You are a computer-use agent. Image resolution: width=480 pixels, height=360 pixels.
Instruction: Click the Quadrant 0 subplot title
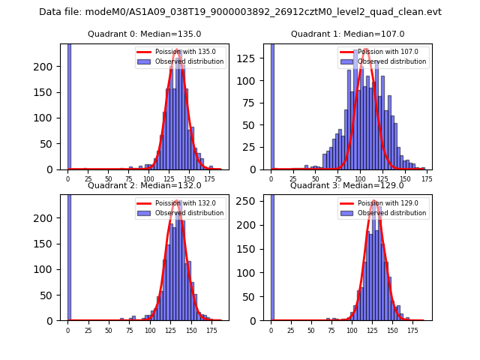[x=144, y=34]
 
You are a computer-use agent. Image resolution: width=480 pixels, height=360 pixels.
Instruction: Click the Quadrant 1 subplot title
[x=347, y=34]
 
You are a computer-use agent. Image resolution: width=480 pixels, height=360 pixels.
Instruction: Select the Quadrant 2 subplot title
[x=144, y=185]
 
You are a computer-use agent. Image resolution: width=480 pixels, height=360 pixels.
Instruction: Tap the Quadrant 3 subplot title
[x=347, y=185]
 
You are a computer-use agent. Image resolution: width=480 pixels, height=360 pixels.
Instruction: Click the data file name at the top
[x=240, y=12]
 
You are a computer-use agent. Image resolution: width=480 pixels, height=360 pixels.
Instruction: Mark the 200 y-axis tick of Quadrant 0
[x=51, y=67]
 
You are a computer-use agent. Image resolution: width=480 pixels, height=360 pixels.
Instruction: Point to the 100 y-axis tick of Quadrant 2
[x=51, y=269]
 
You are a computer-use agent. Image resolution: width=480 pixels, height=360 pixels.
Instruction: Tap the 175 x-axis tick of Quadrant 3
[x=412, y=331]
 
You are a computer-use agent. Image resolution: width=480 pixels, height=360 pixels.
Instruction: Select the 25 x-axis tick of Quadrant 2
[x=88, y=331]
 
